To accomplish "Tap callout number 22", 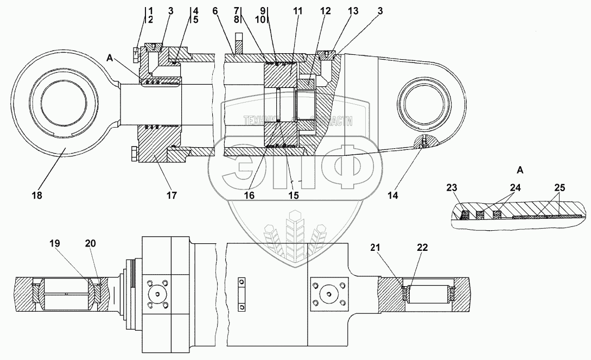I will [x=422, y=248].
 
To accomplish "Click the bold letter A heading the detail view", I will [x=519, y=170].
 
